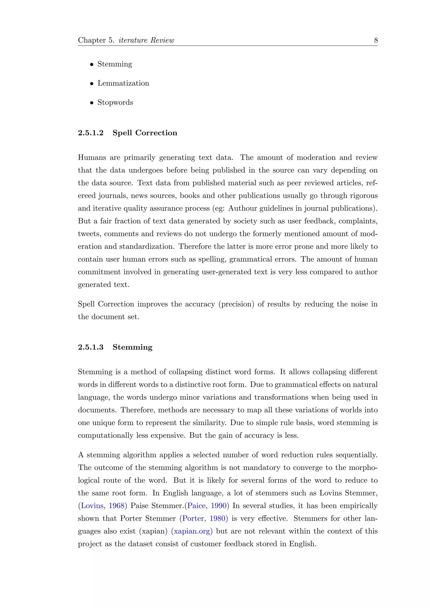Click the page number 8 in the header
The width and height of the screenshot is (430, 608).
pos(376,40)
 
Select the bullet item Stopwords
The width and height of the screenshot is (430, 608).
pos(115,102)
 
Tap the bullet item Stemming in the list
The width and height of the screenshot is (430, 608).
pos(115,64)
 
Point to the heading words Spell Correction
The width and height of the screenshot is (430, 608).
pos(145,133)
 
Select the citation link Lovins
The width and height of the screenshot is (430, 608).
pos(92,506)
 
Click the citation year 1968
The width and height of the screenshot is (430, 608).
pos(117,506)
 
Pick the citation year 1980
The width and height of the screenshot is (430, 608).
pos(217,519)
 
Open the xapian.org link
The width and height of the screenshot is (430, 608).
pos(192,531)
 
